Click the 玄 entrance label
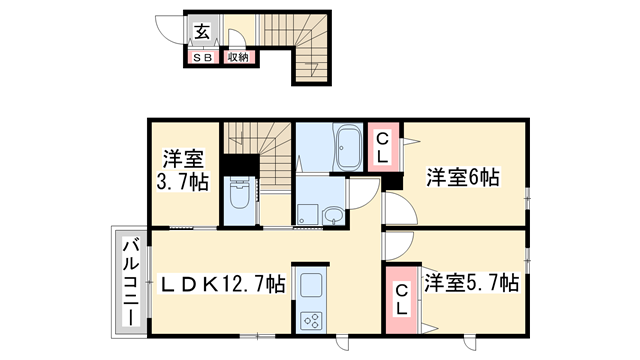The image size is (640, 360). (201, 30)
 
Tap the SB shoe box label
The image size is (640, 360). (201, 58)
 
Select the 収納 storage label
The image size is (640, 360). (237, 58)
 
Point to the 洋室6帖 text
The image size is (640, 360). (462, 178)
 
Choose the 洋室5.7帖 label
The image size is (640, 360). (469, 283)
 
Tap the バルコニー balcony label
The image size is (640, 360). (130, 279)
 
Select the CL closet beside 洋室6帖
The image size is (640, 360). (382, 148)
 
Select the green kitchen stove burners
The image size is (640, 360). (310, 320)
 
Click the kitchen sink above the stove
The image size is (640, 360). (310, 284)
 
